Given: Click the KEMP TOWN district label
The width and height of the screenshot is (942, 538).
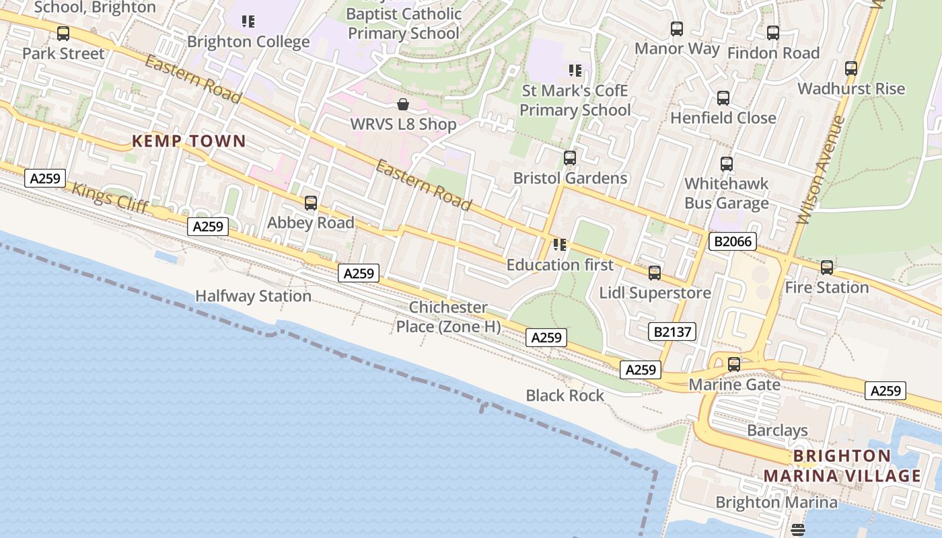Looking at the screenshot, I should [x=189, y=141].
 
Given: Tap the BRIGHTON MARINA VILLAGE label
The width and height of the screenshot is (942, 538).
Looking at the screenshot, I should [x=842, y=466].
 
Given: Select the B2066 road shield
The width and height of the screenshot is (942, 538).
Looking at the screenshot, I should [x=732, y=241].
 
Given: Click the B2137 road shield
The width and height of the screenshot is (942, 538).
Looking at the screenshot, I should [x=673, y=331].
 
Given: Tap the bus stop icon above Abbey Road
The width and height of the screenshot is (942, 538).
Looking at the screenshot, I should [x=311, y=202].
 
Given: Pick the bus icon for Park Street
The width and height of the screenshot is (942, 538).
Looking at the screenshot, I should [x=63, y=33].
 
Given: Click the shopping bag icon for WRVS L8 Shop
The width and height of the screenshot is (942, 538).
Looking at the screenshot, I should [x=403, y=104].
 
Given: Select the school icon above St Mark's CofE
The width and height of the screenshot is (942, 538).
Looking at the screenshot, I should [x=575, y=70].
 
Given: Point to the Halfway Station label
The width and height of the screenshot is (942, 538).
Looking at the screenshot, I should [x=253, y=296].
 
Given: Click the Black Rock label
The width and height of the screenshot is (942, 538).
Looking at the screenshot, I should [x=565, y=395].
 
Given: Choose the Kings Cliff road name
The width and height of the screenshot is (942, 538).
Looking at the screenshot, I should [x=110, y=198].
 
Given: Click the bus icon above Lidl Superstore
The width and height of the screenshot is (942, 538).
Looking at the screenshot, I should [x=655, y=272].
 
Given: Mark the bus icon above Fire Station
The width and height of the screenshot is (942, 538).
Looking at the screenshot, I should [x=827, y=267].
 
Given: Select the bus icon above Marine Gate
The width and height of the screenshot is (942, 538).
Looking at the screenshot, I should [x=734, y=364].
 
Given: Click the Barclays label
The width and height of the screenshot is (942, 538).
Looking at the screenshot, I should [x=777, y=430].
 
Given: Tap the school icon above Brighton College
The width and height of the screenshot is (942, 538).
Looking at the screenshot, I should [x=248, y=22].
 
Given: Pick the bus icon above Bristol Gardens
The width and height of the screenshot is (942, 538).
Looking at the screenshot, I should [x=570, y=158].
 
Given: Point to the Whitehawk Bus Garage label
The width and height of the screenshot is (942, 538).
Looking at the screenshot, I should [x=726, y=193].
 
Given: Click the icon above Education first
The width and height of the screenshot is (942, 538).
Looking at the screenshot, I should [x=560, y=245].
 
